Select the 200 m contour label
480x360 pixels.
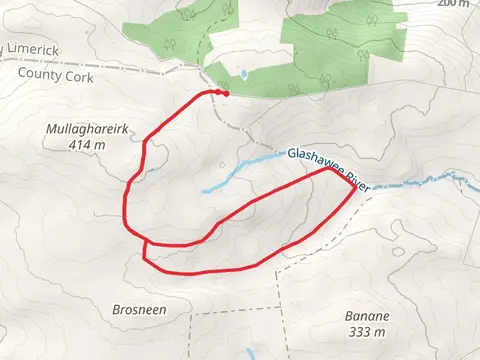tap(452, 4)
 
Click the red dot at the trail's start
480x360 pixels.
tap(225, 94)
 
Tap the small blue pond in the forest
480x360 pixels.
tap(243, 74)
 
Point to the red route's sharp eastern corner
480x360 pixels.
tap(352, 187)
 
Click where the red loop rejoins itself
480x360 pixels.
tap(146, 243)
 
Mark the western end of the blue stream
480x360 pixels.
tap(204, 191)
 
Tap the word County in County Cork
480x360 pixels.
tap(39, 73)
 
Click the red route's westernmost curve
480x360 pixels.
tap(125, 205)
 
